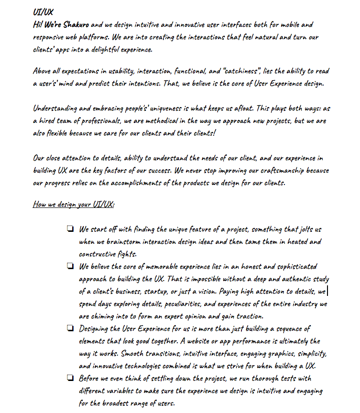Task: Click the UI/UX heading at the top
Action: tap(44, 11)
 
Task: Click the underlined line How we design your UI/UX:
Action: tap(74, 204)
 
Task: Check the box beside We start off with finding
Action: tap(70, 229)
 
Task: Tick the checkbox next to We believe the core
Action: tap(70, 266)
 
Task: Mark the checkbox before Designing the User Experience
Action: tap(70, 328)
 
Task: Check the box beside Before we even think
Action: tap(70, 378)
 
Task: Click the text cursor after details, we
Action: tap(327, 291)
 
